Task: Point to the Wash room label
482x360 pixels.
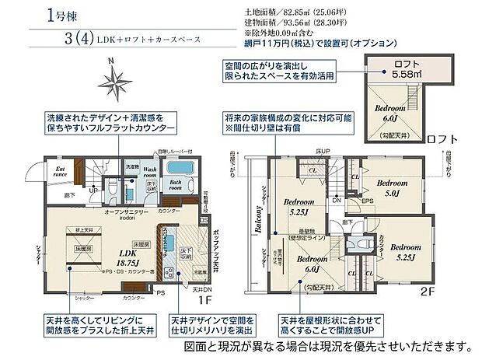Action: (x=149, y=173)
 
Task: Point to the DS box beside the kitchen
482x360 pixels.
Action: (x=204, y=221)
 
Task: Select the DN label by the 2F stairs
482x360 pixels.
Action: (x=336, y=201)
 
